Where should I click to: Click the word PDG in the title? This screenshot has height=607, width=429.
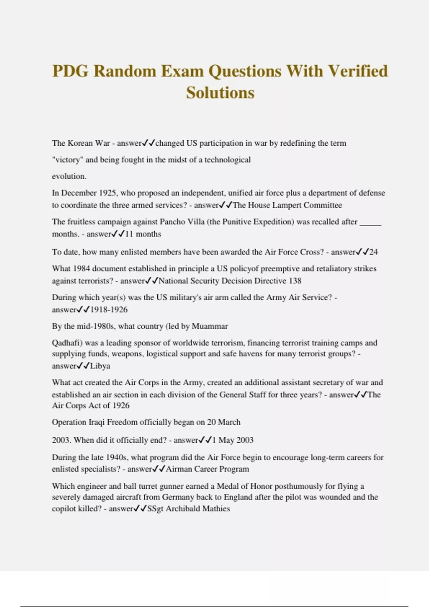[x=70, y=71]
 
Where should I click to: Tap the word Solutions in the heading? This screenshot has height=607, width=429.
[x=220, y=93]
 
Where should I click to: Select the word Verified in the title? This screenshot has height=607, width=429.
[x=358, y=71]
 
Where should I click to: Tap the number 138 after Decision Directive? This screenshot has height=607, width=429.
[x=295, y=281]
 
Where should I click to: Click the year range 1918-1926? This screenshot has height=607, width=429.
[x=109, y=310]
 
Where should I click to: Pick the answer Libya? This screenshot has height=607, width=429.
[x=100, y=366]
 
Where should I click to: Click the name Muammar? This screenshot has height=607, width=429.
[x=210, y=326]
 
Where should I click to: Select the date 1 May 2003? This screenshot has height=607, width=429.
[x=233, y=440]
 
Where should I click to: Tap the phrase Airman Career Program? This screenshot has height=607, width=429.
[x=207, y=469]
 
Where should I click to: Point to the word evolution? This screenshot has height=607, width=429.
[x=69, y=176]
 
